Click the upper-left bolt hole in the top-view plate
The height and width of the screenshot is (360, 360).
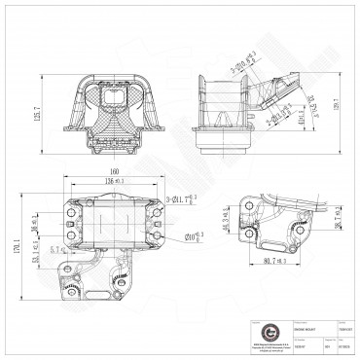(71, 207)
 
